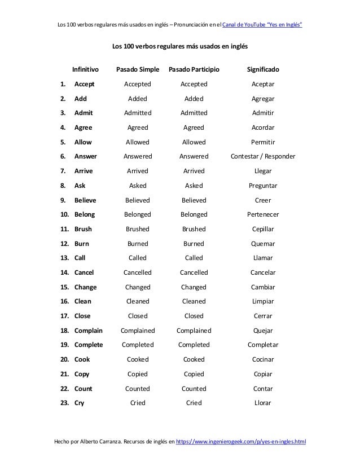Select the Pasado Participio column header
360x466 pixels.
194,70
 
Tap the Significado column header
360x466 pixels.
263,70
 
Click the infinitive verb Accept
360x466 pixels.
84,84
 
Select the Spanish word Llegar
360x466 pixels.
263,171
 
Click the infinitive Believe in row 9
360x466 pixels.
85,200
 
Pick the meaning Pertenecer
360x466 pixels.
263,214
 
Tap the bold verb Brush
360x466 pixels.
83,229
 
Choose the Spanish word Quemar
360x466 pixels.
263,244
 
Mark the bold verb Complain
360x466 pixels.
88,331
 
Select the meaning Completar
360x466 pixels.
263,345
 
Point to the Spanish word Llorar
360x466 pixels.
263,403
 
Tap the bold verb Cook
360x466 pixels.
82,359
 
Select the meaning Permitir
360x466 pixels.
263,142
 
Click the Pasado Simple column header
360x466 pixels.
138,70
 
